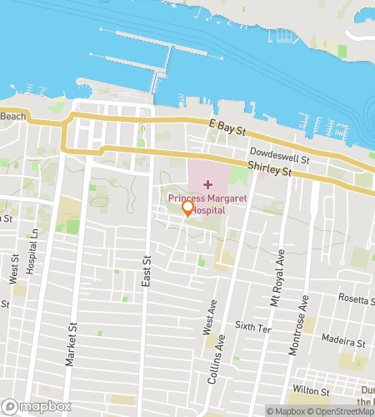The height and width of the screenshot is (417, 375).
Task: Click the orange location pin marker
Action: tap(188, 208)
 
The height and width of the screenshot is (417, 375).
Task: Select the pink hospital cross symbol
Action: tap(207, 183)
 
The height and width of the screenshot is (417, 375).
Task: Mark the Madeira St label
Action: tap(342, 343)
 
